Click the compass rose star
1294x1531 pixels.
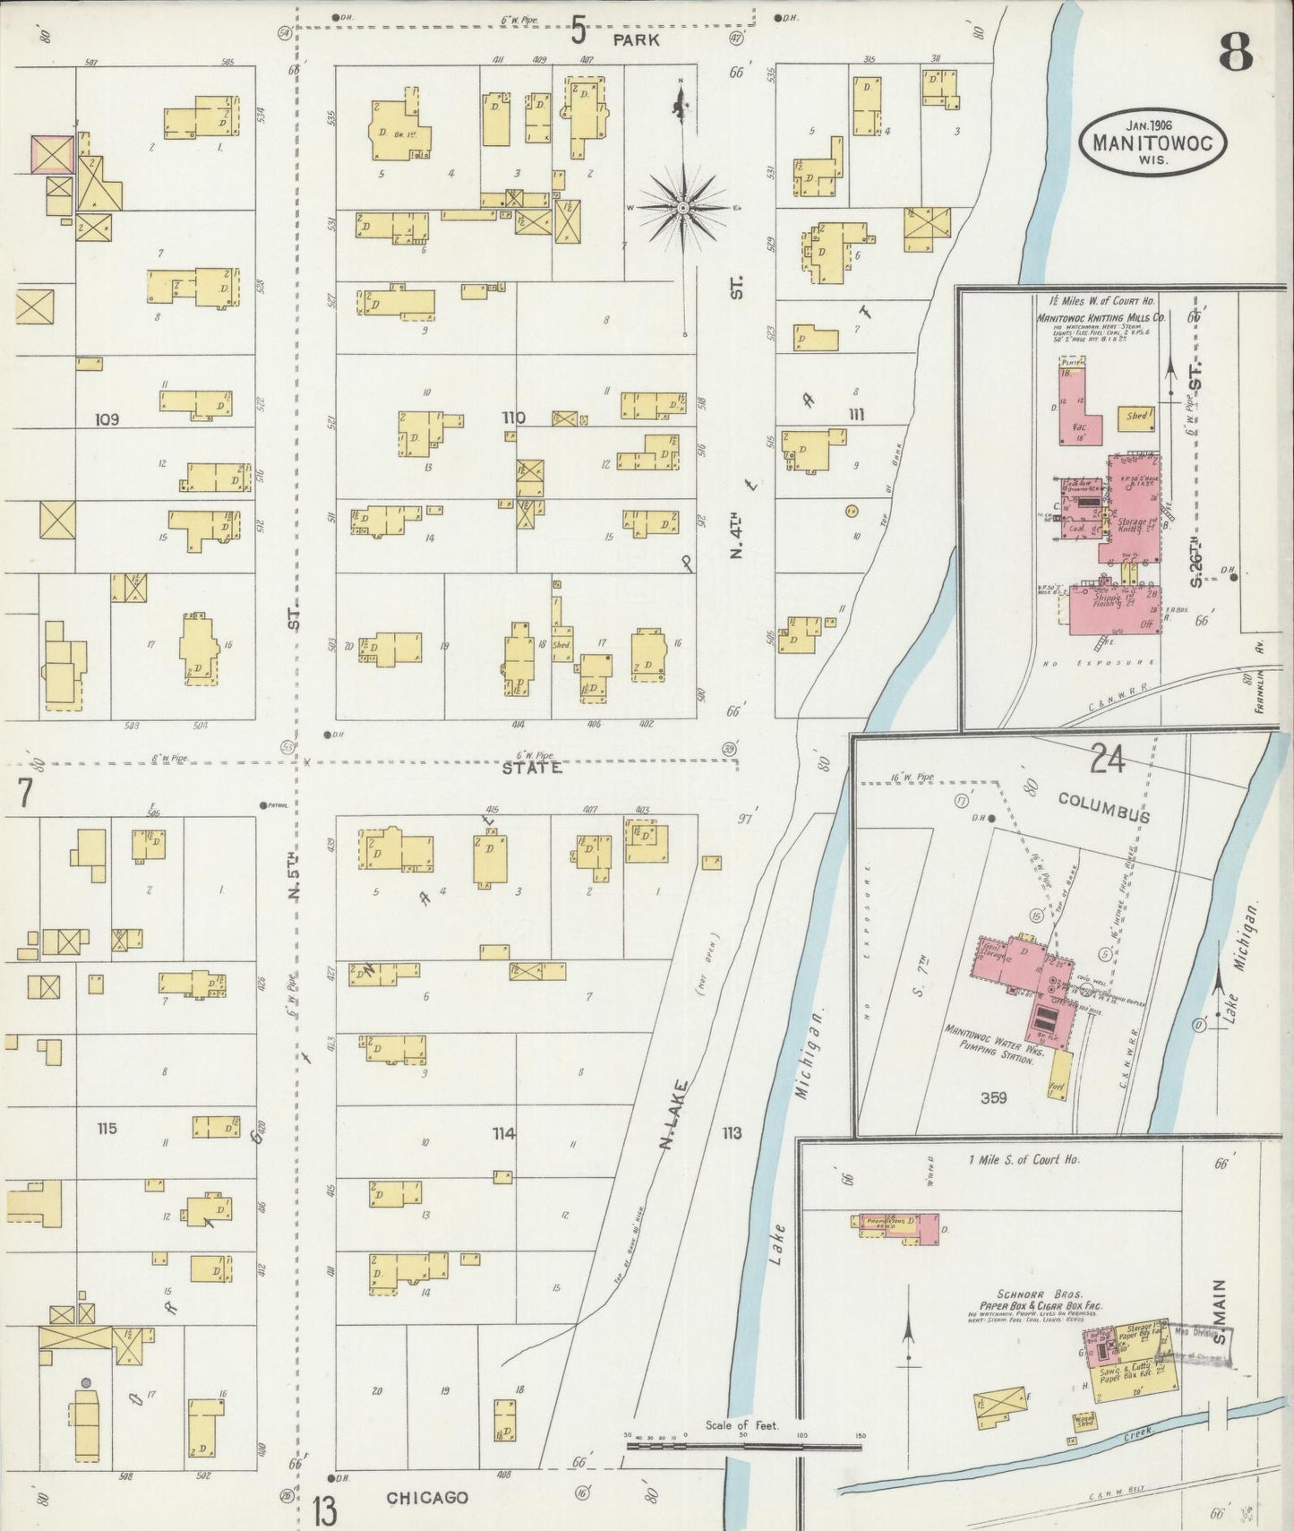pyautogui.click(x=683, y=208)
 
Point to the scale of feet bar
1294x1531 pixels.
pyautogui.click(x=742, y=1444)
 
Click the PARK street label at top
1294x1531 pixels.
pyautogui.click(x=636, y=40)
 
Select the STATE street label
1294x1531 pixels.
pyautogui.click(x=532, y=769)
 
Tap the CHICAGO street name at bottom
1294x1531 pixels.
pyautogui.click(x=427, y=1498)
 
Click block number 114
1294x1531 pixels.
pyautogui.click(x=503, y=1134)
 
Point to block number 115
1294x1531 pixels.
pyautogui.click(x=107, y=1129)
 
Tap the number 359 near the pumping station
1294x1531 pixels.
pyautogui.click(x=993, y=1097)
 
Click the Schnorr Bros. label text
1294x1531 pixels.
pyautogui.click(x=1040, y=1294)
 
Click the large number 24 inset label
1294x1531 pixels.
pyautogui.click(x=1107, y=761)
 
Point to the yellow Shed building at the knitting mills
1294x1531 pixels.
pyautogui.click(x=1137, y=417)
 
